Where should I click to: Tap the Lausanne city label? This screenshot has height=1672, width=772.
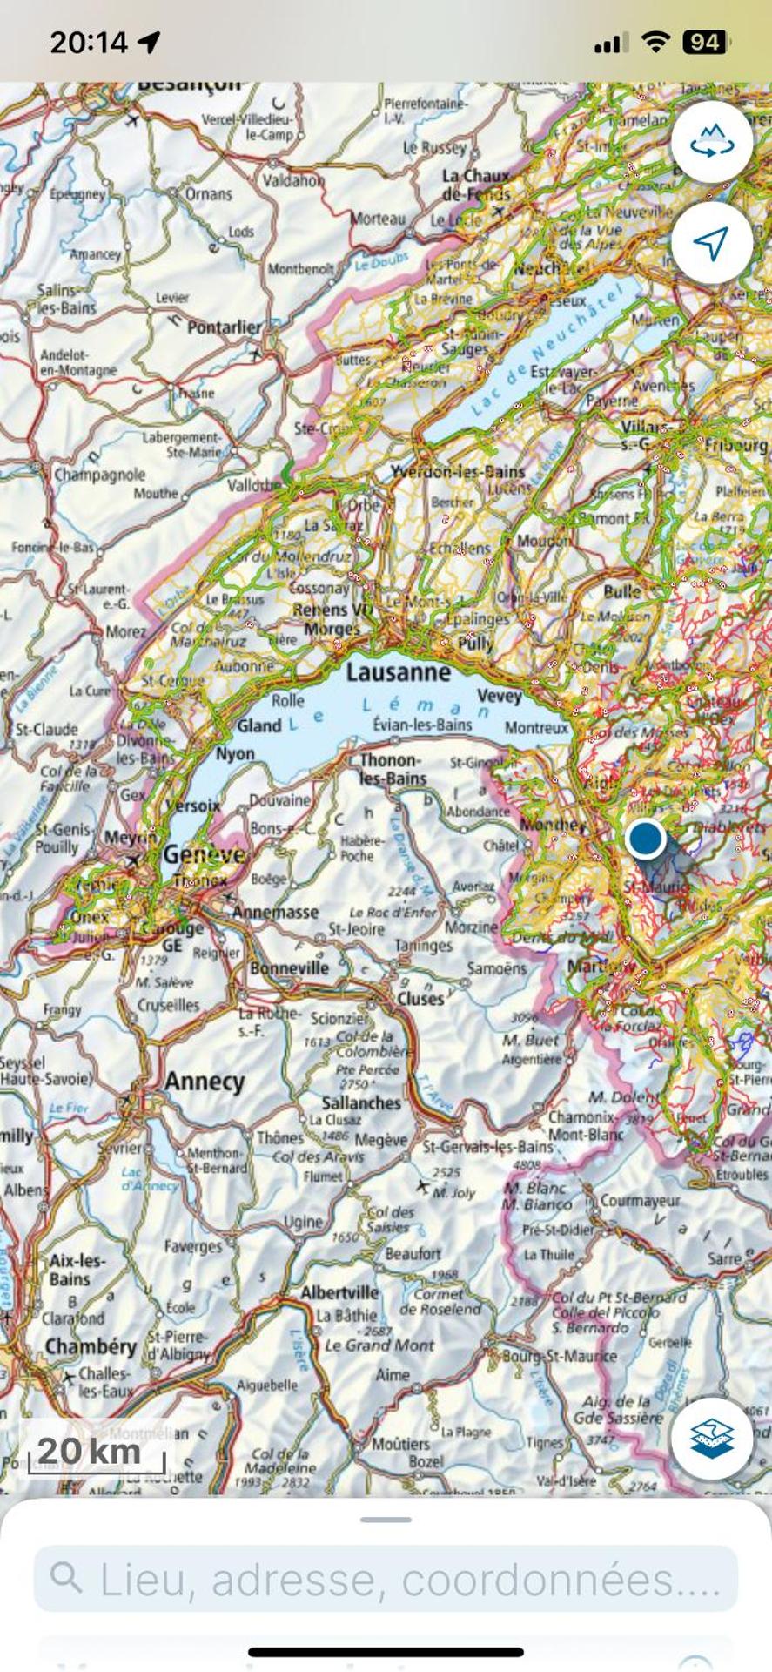(398, 671)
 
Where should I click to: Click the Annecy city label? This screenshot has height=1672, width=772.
(205, 1082)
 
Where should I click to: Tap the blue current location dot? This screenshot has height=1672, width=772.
(645, 838)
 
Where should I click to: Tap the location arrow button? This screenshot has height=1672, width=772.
(711, 243)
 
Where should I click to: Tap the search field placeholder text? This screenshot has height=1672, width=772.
(410, 1579)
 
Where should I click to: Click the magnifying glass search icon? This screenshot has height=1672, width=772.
(66, 1577)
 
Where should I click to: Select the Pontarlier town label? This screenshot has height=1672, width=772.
(224, 327)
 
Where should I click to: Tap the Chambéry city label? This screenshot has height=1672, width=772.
(91, 1346)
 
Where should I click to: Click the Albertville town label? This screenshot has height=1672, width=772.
(339, 1292)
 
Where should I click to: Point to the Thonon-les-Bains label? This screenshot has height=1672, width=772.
(393, 770)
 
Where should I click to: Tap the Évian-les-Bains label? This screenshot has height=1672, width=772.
(422, 725)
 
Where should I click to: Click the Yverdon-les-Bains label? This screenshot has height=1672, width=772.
(457, 471)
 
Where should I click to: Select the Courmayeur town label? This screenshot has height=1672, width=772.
(640, 1200)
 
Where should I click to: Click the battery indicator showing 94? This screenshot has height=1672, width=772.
(706, 42)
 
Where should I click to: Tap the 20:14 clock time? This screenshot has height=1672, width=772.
(89, 42)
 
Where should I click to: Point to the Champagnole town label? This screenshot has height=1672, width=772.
(99, 475)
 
